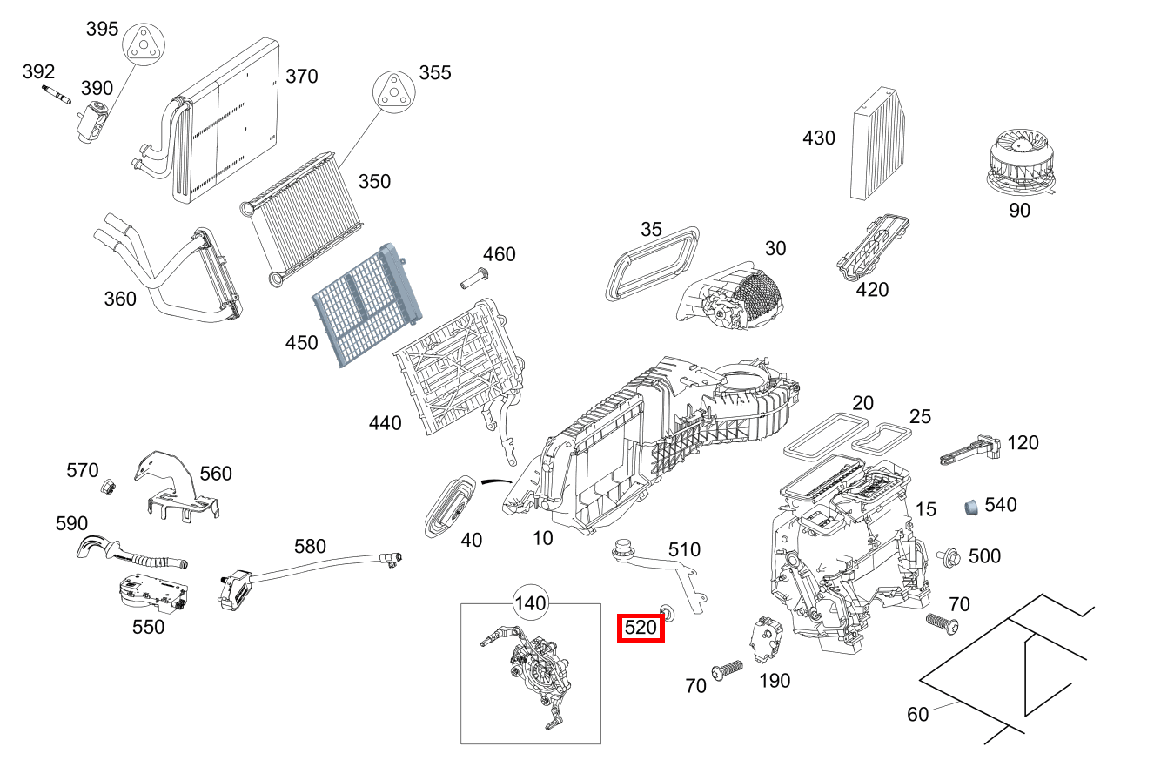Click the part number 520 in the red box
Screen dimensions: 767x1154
(641, 628)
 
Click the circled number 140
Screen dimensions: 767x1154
(530, 603)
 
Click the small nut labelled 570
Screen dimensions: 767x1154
(110, 488)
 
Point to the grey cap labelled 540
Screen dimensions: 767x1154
(970, 507)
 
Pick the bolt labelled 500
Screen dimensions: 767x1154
(949, 555)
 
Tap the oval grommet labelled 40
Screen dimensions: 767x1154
(452, 507)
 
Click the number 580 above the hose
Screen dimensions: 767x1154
(310, 547)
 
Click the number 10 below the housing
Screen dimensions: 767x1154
(542, 538)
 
